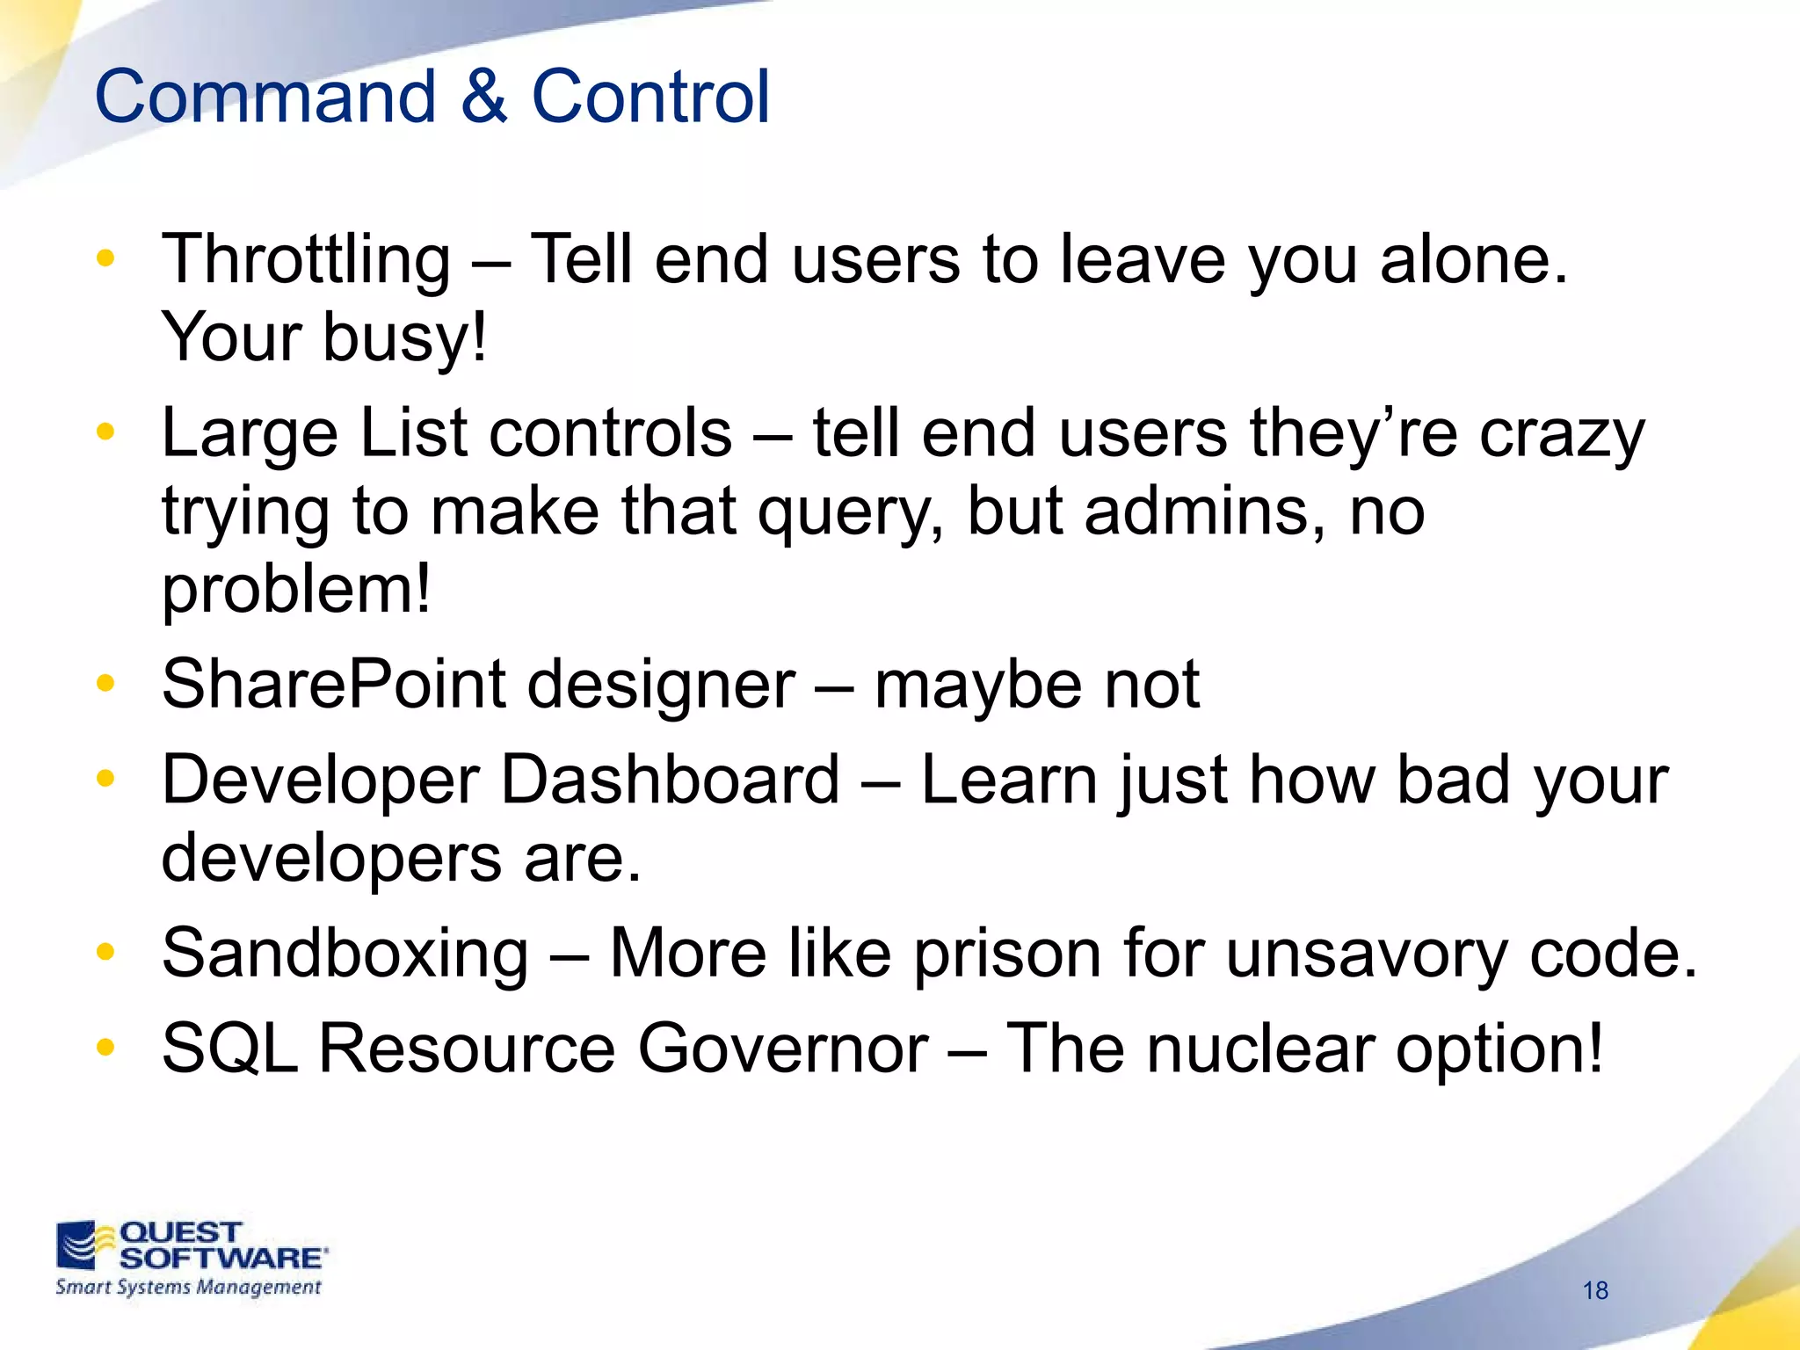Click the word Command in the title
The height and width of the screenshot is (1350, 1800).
click(265, 97)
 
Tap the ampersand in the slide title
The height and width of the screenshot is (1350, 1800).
click(483, 97)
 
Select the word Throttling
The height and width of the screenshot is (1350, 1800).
click(305, 261)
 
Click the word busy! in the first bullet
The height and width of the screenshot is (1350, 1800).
click(404, 338)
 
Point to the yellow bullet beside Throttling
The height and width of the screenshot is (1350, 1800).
click(105, 258)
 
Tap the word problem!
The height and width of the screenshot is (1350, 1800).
click(296, 591)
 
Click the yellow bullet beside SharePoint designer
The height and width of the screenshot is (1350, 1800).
click(105, 683)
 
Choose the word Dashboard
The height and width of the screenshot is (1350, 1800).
click(670, 780)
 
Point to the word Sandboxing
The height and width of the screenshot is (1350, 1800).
click(345, 954)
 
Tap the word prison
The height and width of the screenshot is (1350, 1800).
click(1007, 954)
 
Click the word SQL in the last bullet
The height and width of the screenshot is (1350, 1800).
click(229, 1049)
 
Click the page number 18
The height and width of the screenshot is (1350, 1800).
click(1595, 1290)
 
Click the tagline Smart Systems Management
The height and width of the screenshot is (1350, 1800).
click(188, 1288)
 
